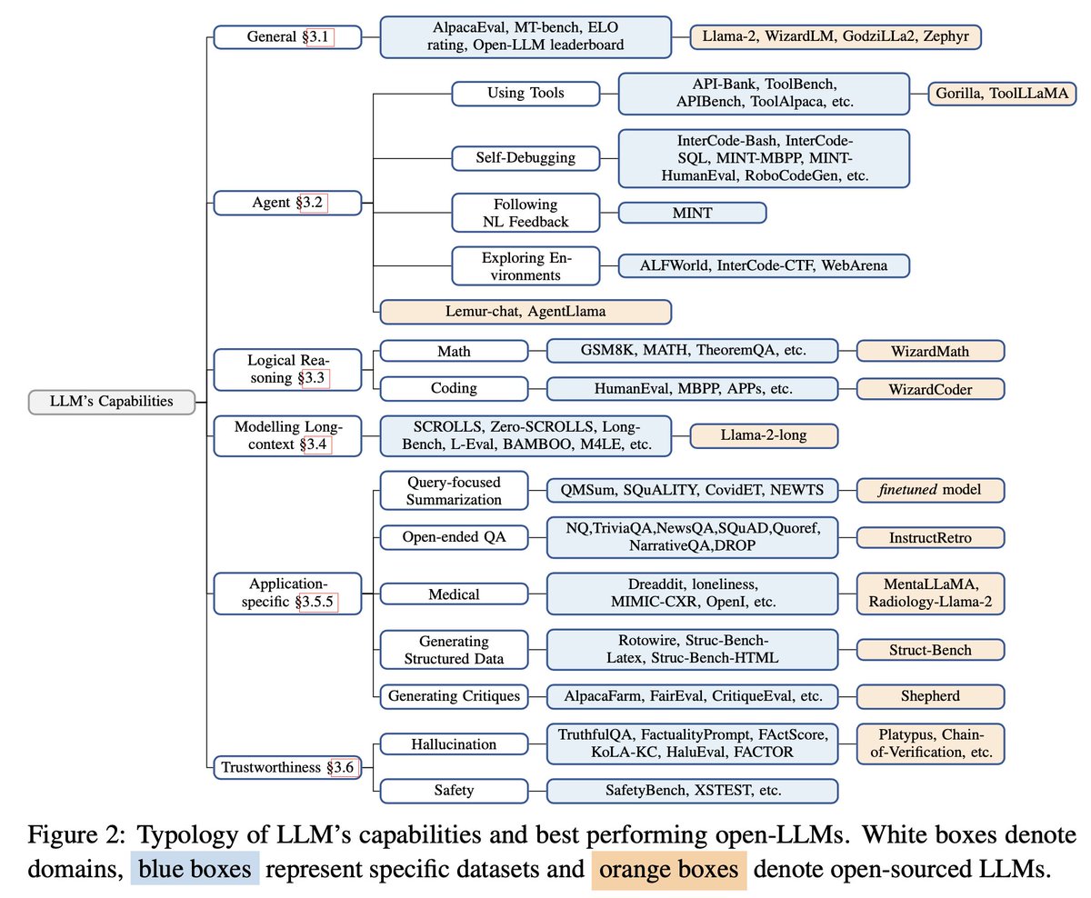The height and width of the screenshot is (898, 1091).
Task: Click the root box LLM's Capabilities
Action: tap(112, 401)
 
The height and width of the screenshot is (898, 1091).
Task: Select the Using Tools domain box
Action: tap(525, 94)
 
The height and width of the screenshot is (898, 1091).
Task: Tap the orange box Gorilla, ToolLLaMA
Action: tap(1002, 94)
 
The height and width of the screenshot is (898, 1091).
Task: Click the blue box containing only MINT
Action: tap(692, 213)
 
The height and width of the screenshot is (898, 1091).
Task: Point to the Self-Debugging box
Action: tap(525, 157)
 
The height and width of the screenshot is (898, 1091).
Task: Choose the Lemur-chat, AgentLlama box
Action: tap(525, 312)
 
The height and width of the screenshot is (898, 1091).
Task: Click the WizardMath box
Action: tap(930, 351)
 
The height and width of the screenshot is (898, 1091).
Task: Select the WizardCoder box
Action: tap(930, 389)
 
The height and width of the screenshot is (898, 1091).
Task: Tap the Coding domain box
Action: tap(454, 389)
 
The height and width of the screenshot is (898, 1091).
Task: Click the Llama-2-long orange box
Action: tap(763, 435)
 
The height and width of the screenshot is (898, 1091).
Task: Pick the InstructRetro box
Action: tap(930, 537)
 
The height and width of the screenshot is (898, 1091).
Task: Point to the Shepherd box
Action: tap(930, 697)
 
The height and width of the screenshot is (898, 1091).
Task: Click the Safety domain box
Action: tap(454, 790)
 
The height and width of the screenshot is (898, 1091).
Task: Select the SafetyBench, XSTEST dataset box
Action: tap(692, 790)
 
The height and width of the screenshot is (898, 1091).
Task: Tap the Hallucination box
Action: tap(454, 744)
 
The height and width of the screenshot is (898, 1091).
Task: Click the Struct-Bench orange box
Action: tap(930, 650)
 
